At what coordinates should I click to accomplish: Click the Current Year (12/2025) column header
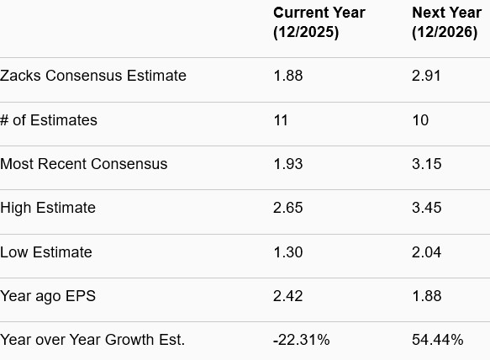coord(319,23)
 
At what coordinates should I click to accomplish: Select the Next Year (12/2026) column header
coord(446,23)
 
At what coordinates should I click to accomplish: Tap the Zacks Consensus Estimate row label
coord(93,76)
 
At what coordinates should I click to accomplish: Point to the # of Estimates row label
coord(49,120)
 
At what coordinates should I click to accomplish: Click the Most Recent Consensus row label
coord(84,164)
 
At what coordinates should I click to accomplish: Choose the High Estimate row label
coord(48,208)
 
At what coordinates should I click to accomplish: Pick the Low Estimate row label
coord(46,252)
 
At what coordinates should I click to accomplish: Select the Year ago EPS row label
coord(48,296)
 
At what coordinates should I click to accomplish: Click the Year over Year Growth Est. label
coord(92,340)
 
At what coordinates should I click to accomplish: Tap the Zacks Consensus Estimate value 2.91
coord(426,76)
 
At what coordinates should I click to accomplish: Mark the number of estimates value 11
coord(281,120)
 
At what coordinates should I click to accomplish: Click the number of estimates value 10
coord(420,120)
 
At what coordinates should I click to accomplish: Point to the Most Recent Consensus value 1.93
coord(287,164)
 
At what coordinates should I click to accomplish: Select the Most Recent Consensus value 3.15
coord(426,164)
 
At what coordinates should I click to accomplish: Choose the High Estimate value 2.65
coord(287,208)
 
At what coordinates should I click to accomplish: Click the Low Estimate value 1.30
coord(287,252)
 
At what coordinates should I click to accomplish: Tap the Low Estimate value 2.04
coord(426,252)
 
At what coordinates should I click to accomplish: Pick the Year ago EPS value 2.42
coord(287,296)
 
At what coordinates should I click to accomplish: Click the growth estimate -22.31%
coord(301,340)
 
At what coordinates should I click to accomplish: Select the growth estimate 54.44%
coord(437,340)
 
